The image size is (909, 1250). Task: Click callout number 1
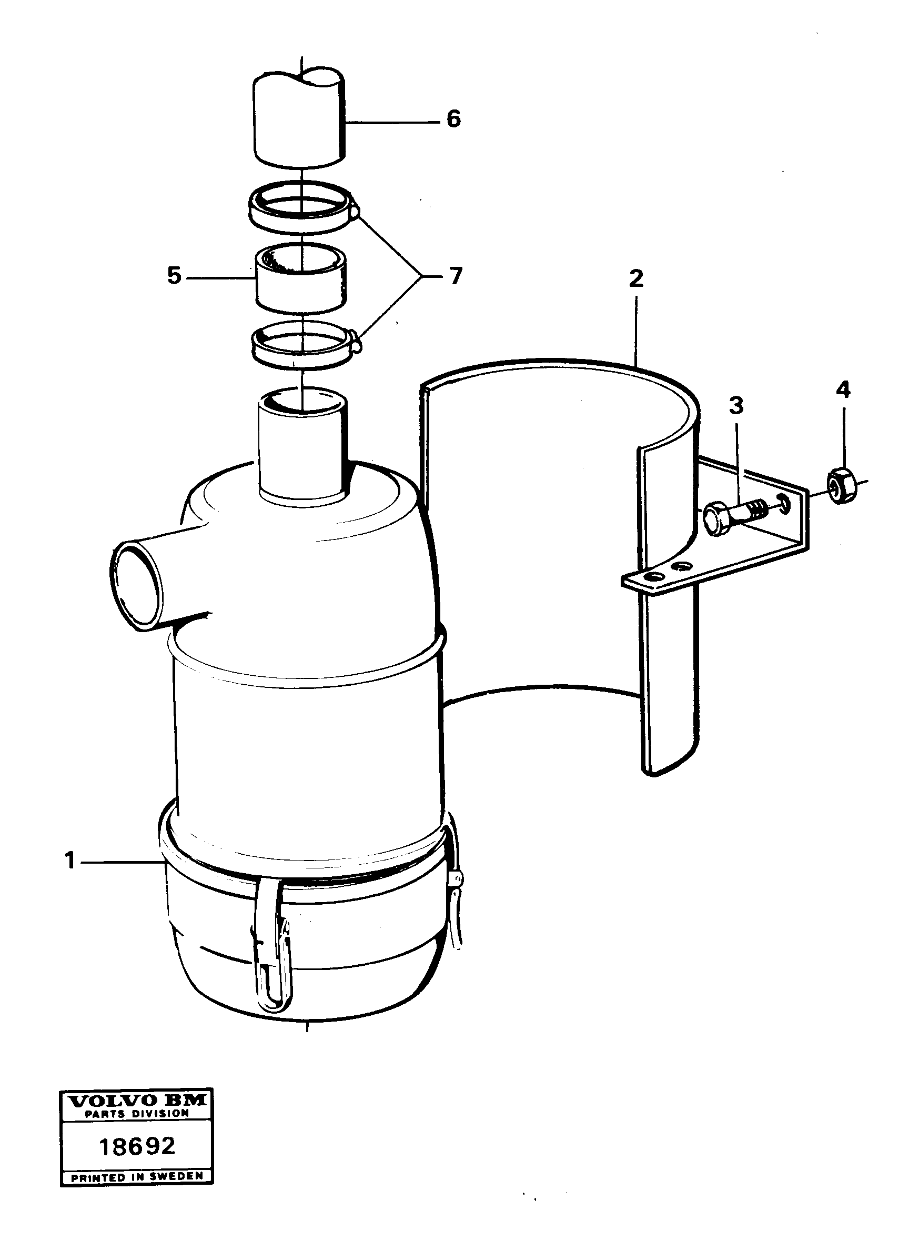coord(70,861)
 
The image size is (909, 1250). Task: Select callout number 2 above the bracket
coord(636,278)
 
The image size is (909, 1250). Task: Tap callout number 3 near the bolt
coord(736,406)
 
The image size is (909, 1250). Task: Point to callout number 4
coord(842,389)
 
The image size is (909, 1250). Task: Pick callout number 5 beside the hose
coord(174,276)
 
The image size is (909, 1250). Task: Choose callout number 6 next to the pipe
coord(453,118)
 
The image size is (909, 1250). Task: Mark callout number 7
coord(455,276)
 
